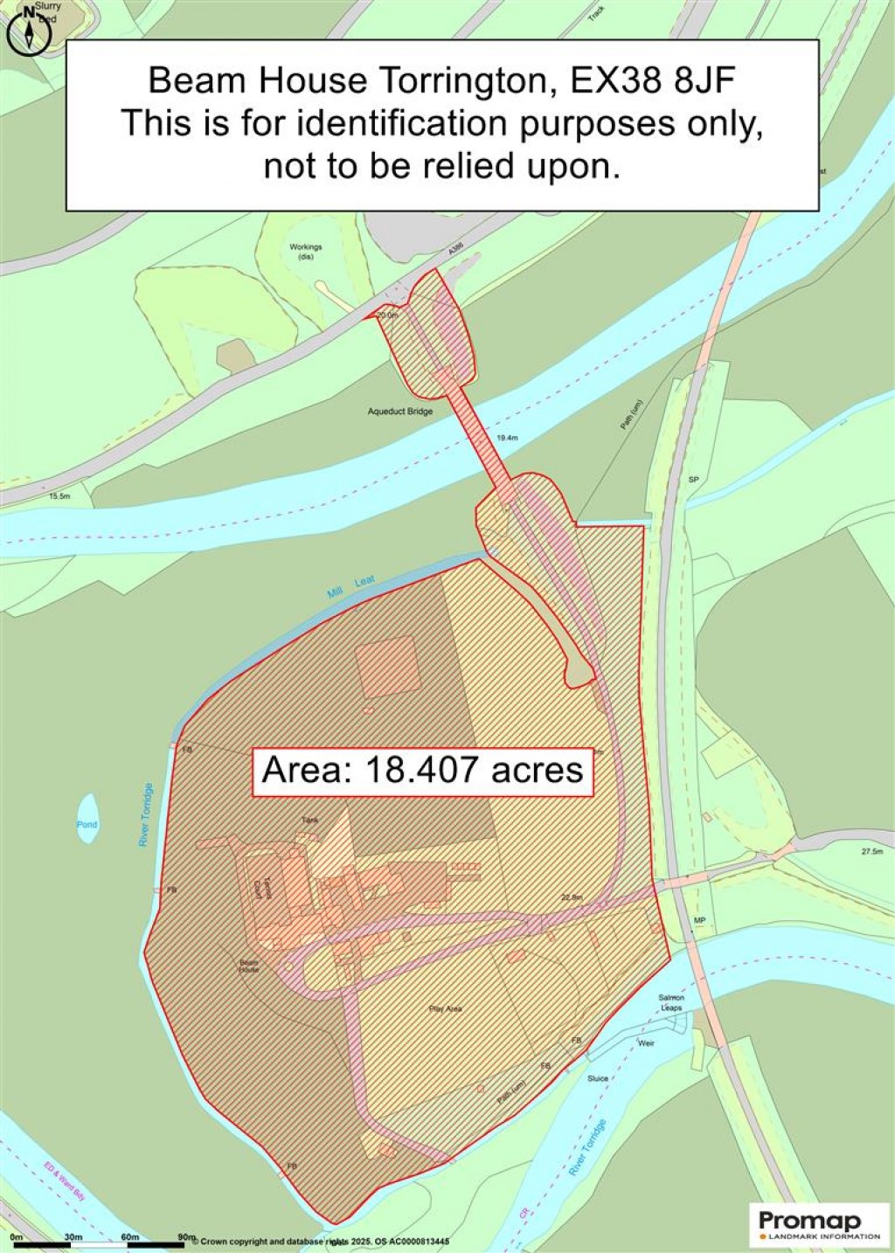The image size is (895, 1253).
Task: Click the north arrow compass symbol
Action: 30,32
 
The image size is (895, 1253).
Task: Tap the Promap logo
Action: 819,1223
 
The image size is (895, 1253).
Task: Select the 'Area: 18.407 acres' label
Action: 423,771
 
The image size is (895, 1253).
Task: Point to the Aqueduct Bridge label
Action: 400,411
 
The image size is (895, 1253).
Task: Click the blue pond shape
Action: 87,819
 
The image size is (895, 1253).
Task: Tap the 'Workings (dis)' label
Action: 306,252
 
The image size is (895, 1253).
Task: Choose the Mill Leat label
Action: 351,587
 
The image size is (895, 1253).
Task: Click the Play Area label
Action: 446,1008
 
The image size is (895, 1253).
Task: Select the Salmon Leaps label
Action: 672,1002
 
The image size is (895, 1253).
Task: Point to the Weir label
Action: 646,1043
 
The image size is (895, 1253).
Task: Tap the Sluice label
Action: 598,1078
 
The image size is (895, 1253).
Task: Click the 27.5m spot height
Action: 872,851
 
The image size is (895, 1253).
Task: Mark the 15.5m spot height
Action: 59,495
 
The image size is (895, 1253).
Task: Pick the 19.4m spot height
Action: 507,437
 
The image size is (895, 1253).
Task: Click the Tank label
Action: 309,820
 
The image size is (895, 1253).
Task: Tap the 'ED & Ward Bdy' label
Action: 66,1181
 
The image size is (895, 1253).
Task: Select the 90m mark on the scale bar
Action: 186,1237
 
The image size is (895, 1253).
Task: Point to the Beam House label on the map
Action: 249,966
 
